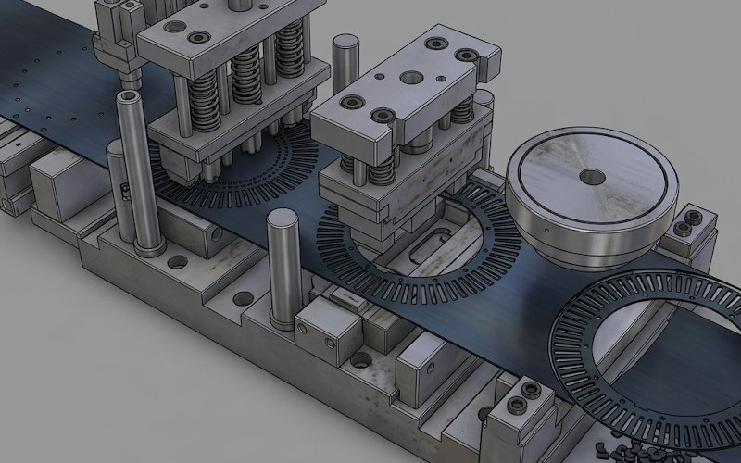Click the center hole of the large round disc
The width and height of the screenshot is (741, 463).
[591, 175]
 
